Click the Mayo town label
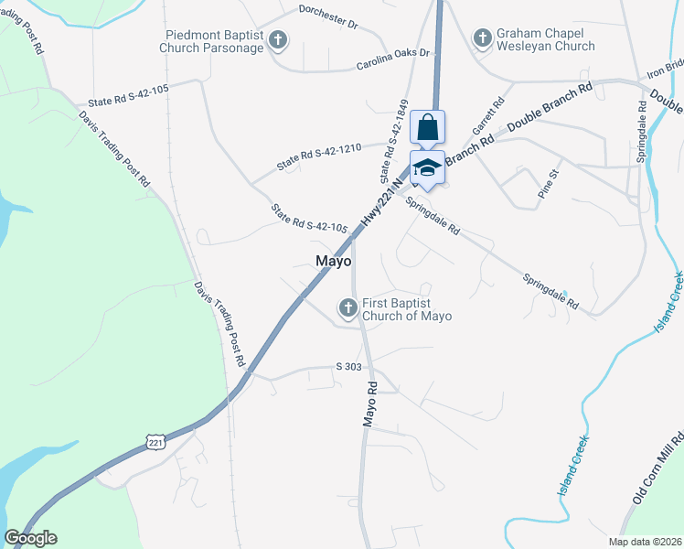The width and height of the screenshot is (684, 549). (x=334, y=261)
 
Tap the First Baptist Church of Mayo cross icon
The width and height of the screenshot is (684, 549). (x=347, y=309)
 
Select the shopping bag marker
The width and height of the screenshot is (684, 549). (x=427, y=128)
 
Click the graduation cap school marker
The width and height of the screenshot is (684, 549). (x=427, y=168)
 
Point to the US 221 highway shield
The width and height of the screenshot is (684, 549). (x=155, y=443)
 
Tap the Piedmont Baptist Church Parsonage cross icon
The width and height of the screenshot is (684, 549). (x=278, y=41)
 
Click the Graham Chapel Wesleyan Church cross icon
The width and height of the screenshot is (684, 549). (x=482, y=38)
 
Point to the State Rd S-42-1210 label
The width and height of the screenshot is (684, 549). (x=319, y=156)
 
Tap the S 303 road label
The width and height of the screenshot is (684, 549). (x=349, y=366)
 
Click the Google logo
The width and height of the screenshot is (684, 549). (x=30, y=538)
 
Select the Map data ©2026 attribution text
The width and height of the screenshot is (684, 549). (x=644, y=542)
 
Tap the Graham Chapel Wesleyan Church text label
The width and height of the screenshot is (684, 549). (x=546, y=39)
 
